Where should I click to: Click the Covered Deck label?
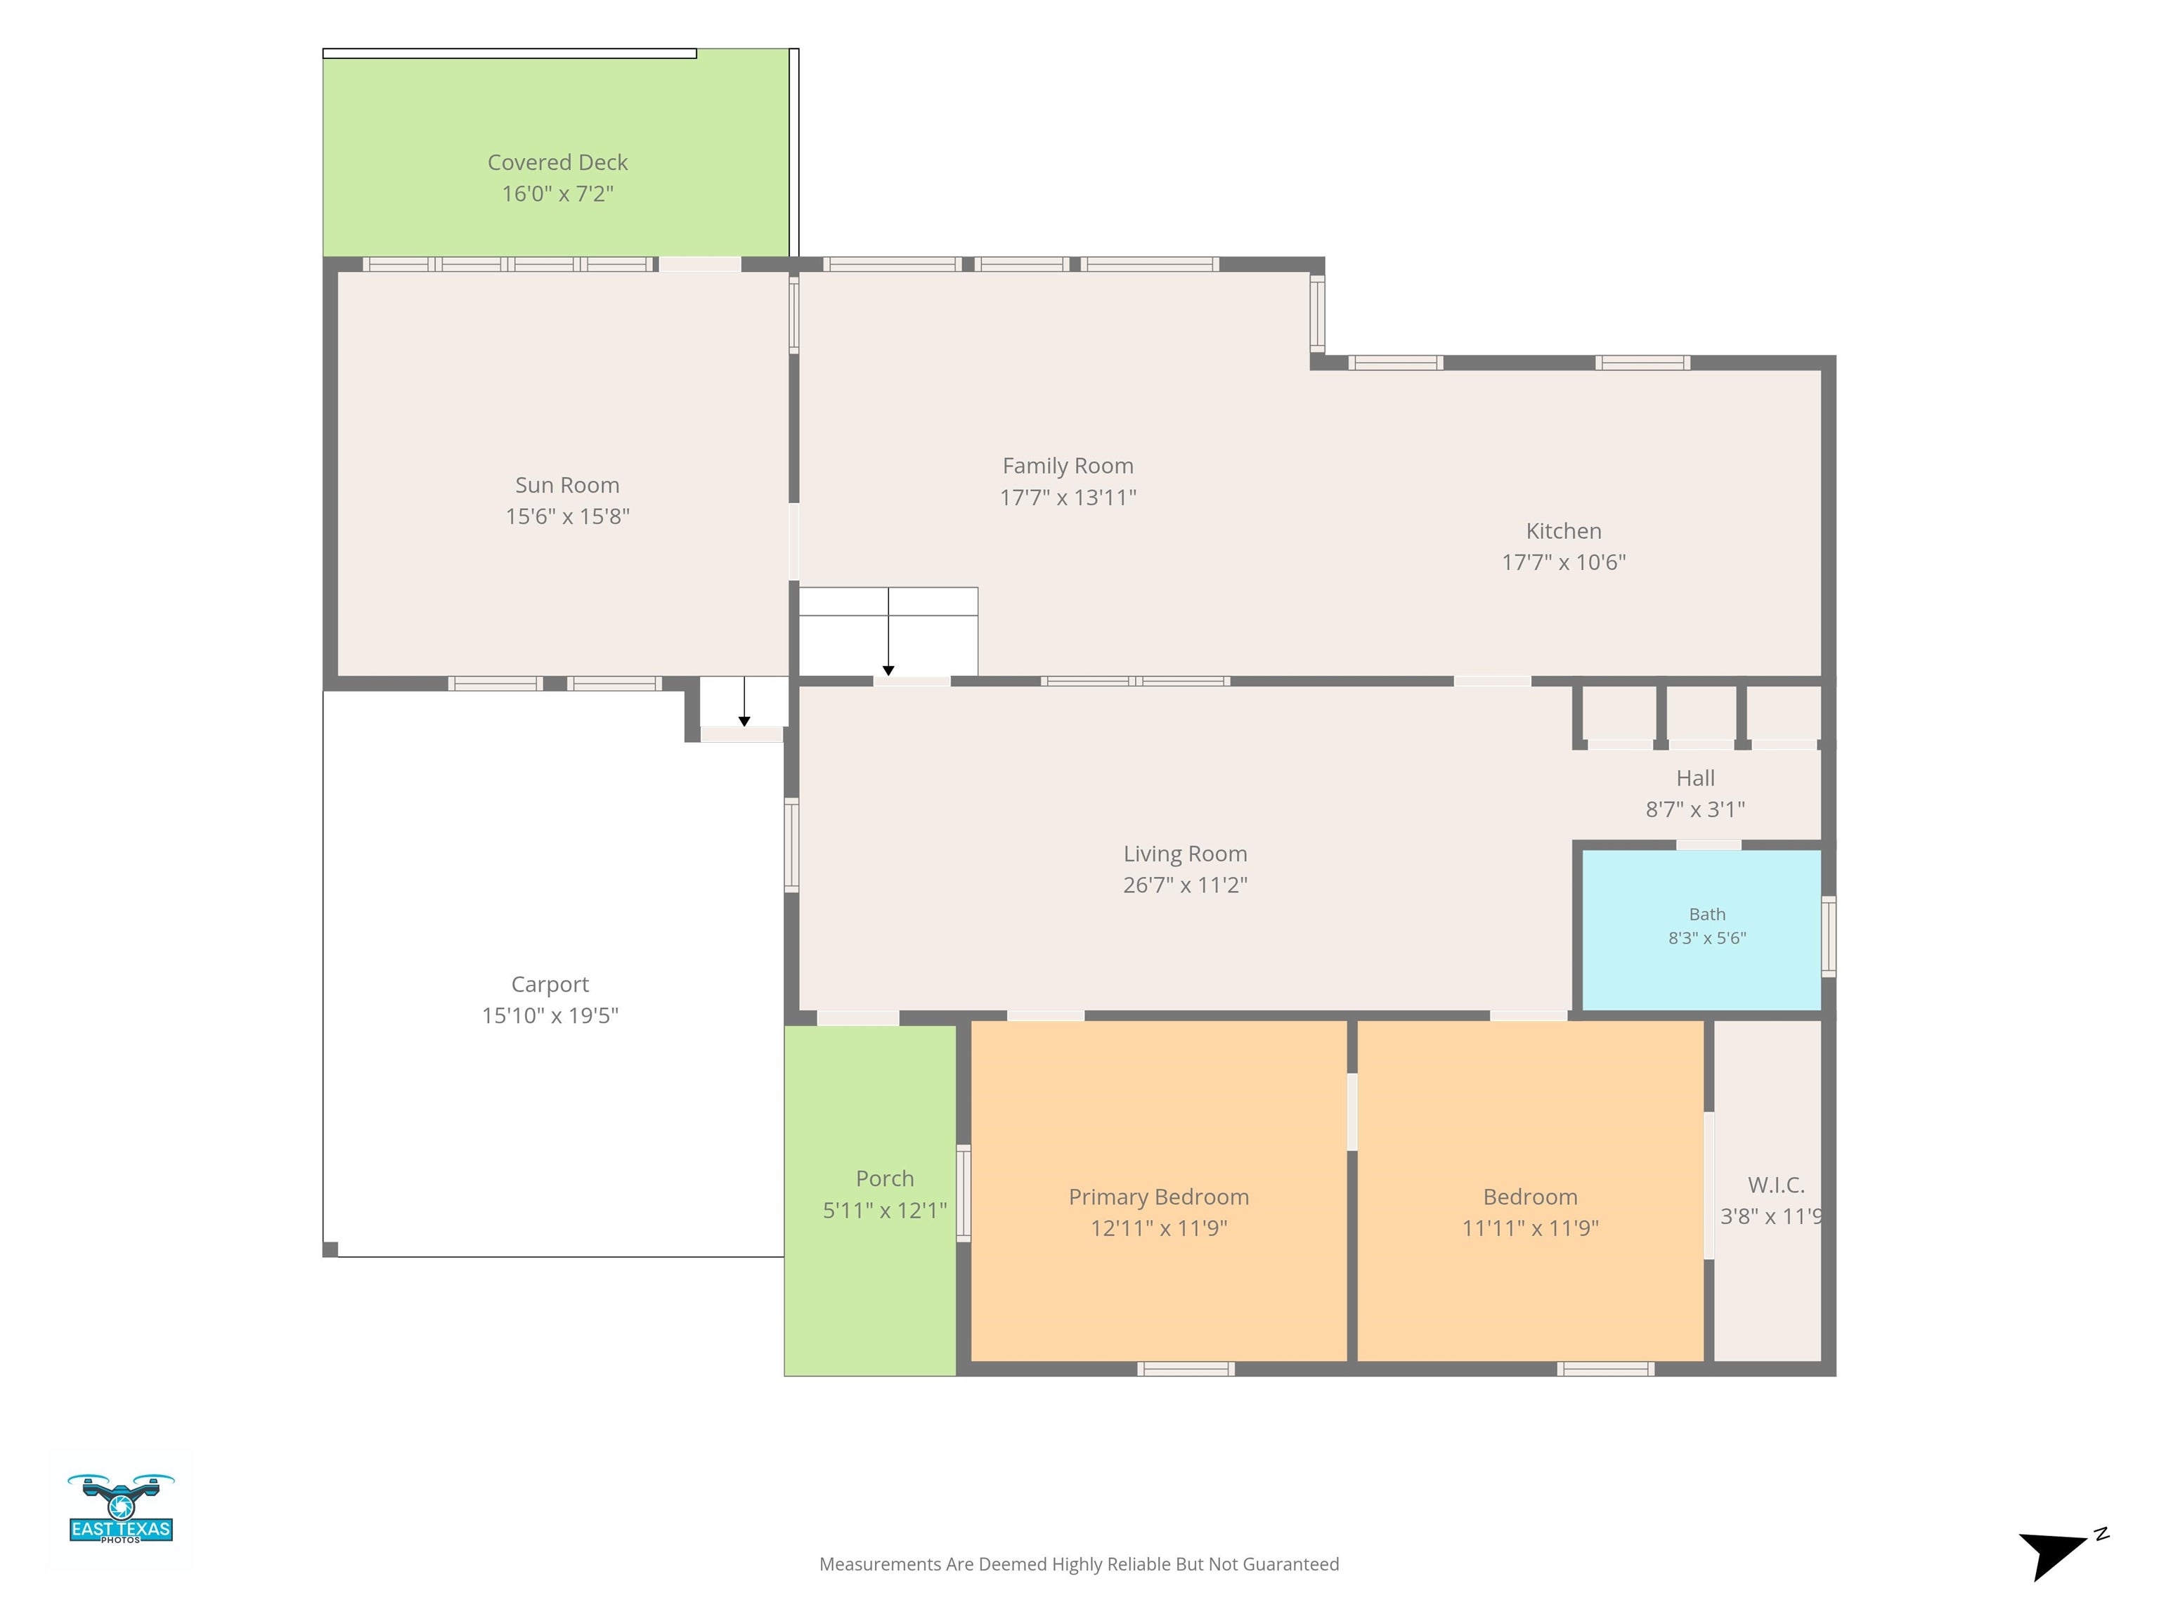(x=557, y=162)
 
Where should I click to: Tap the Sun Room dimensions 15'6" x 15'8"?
(x=567, y=516)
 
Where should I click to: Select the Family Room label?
(x=1068, y=467)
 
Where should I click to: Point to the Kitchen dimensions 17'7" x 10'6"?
(x=1564, y=562)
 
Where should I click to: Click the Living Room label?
(x=1185, y=854)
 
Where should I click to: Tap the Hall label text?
(x=1695, y=778)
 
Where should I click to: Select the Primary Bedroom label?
(x=1158, y=1197)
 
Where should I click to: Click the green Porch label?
(x=884, y=1179)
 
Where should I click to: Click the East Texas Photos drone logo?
(x=121, y=1508)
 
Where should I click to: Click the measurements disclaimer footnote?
(x=1079, y=1564)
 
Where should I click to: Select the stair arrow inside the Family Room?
(x=888, y=632)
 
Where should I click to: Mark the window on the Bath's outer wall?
(x=1828, y=936)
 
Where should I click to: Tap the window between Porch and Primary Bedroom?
(x=964, y=1192)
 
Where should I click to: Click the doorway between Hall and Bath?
(x=1708, y=844)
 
